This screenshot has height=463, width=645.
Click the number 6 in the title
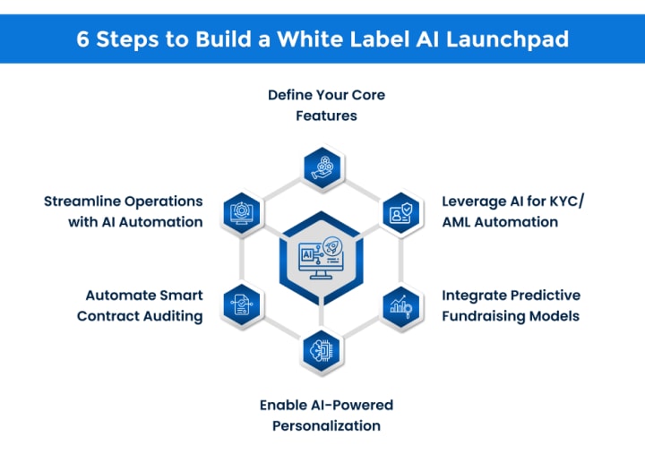pyautogui.click(x=82, y=39)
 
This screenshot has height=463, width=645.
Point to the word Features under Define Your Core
pyautogui.click(x=327, y=116)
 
